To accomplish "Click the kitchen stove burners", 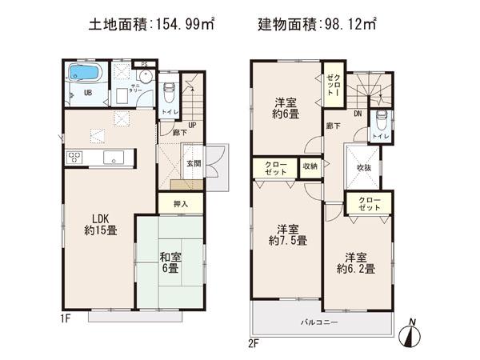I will click(74, 156).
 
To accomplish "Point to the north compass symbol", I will click(411, 335).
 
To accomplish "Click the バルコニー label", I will click(319, 323).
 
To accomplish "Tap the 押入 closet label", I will click(182, 204).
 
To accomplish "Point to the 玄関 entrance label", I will click(194, 163).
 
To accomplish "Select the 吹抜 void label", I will click(364, 167).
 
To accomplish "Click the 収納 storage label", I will click(310, 166).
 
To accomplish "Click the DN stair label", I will click(357, 114).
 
